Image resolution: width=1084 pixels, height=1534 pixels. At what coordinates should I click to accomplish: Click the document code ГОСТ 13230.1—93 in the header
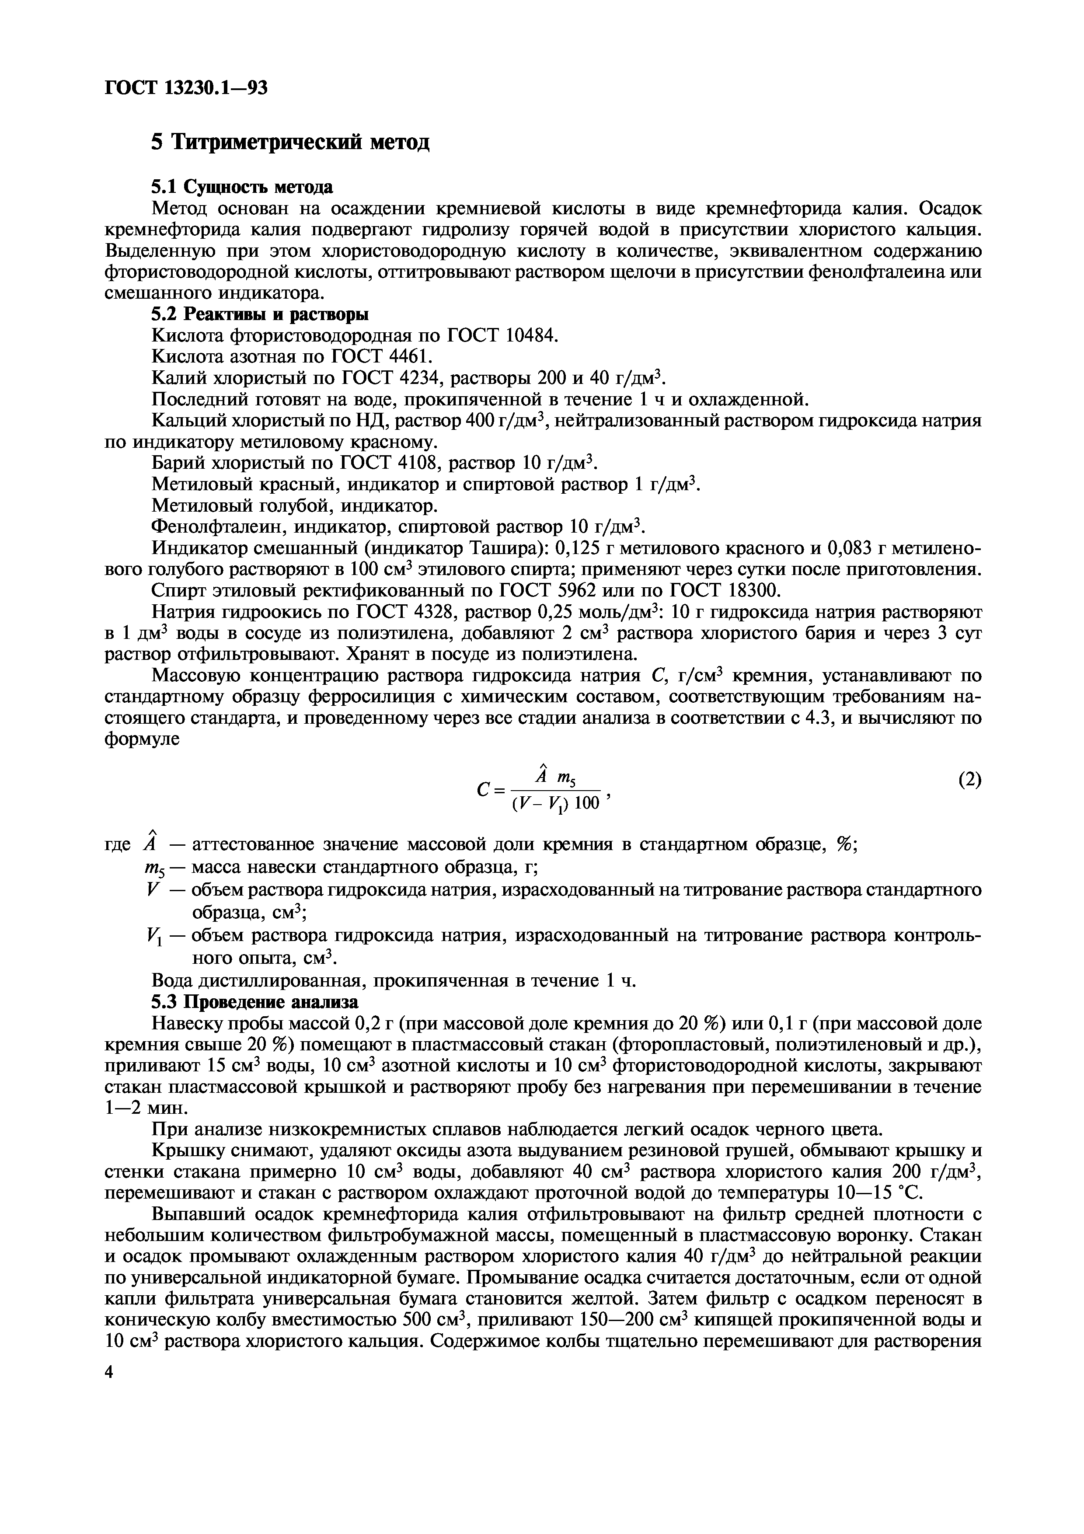point(186,87)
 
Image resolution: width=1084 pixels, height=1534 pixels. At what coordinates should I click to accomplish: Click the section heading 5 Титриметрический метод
point(290,142)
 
